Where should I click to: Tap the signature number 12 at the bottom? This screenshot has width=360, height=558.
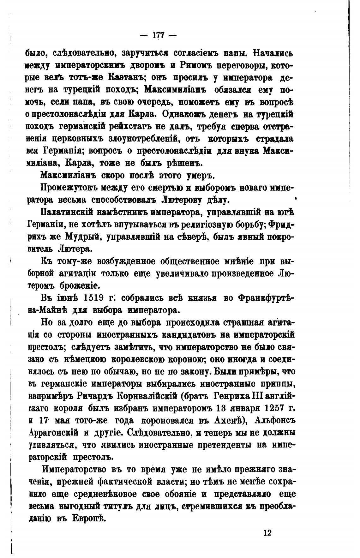click(267, 533)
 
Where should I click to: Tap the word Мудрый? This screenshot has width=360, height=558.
click(83, 237)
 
